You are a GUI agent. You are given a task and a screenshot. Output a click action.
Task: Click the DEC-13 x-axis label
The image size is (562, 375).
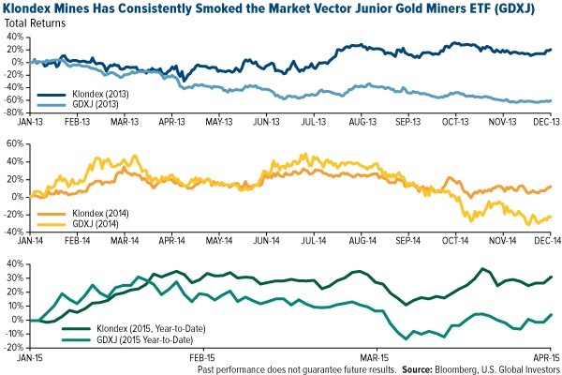535,123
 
